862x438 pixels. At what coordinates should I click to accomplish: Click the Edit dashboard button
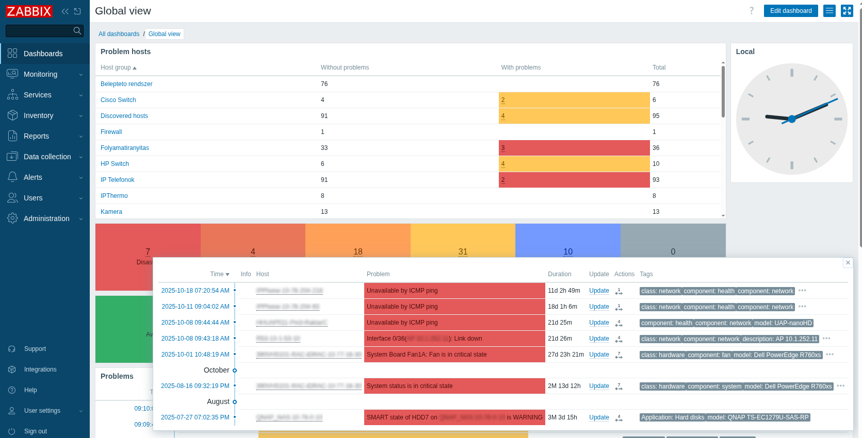coord(790,11)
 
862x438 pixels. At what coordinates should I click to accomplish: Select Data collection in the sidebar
coord(47,157)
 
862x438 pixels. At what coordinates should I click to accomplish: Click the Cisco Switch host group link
coord(118,100)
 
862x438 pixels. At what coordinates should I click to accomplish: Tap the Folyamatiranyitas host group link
coord(124,148)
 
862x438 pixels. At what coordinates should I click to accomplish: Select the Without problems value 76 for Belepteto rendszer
coord(324,84)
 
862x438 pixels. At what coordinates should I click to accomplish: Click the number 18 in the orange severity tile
coord(357,251)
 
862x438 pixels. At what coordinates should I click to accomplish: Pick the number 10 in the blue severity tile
coord(567,251)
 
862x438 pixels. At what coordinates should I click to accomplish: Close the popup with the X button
coord(848,263)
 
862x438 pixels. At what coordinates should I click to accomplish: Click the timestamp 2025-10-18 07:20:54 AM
coord(195,291)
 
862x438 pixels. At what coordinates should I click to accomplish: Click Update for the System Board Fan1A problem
coord(598,355)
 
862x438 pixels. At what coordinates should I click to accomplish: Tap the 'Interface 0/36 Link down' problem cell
coord(454,339)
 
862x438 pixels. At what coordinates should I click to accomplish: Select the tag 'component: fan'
coord(709,355)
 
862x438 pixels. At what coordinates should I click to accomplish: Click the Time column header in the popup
coord(219,274)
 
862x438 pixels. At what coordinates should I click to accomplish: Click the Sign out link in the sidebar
coord(35,431)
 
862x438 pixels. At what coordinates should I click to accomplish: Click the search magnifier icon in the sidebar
coord(77,31)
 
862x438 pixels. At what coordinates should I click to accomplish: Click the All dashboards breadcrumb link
coord(119,34)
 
